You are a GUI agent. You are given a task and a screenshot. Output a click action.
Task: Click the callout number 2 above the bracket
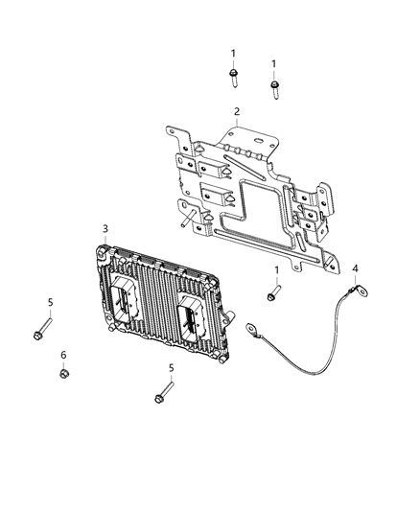pyautogui.click(x=236, y=112)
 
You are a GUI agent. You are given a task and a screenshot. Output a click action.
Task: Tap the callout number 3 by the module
pyautogui.click(x=106, y=229)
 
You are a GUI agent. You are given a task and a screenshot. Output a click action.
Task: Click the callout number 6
pyautogui.click(x=63, y=355)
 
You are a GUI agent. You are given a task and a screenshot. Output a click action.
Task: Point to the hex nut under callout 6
pyautogui.click(x=63, y=374)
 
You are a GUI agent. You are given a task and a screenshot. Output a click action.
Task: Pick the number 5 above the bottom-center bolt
pyautogui.click(x=171, y=368)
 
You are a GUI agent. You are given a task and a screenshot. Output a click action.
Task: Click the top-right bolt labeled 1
pyautogui.click(x=275, y=89)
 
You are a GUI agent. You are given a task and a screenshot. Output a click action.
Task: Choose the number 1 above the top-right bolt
pyautogui.click(x=274, y=63)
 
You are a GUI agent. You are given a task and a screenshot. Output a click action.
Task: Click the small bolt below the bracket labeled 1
pyautogui.click(x=273, y=292)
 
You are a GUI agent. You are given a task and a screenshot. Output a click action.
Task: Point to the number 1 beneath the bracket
pyautogui.click(x=277, y=270)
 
